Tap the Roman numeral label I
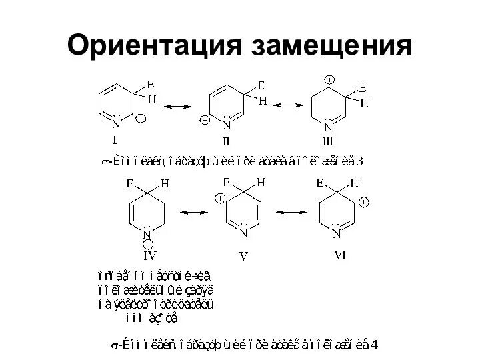tap(115, 140)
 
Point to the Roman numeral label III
tap(327, 141)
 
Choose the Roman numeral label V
tap(242, 254)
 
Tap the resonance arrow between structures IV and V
tap(193, 211)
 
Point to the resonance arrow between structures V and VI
tap(291, 211)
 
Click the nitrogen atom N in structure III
tap(327, 127)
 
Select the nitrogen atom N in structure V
tap(243, 233)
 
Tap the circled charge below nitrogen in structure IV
tap(147, 243)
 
